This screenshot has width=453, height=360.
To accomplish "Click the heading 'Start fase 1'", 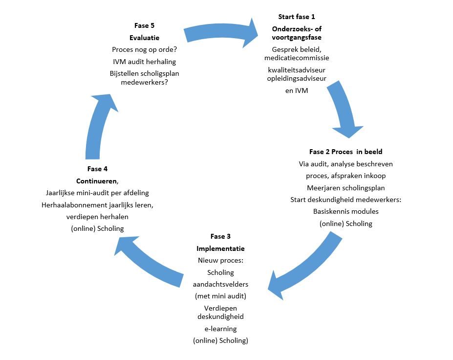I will coord(296,17).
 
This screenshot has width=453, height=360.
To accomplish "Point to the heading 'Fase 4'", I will coord(97,169).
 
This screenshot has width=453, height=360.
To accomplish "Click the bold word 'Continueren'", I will coord(96,181).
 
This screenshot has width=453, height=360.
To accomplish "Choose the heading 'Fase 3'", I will coord(220,237).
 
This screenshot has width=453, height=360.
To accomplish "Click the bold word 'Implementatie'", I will coord(220,248).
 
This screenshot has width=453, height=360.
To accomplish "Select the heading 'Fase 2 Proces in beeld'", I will coord(345,152).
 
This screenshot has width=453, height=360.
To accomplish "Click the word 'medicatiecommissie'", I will coord(297,58).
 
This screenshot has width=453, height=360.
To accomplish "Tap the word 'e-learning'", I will coord(220,328).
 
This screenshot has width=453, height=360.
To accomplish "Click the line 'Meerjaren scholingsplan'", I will coord(345,188).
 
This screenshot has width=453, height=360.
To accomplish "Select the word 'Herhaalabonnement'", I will coord(73,205).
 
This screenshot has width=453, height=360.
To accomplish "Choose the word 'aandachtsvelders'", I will coord(220,284).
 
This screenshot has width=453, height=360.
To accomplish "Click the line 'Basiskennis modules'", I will coord(345,211).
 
